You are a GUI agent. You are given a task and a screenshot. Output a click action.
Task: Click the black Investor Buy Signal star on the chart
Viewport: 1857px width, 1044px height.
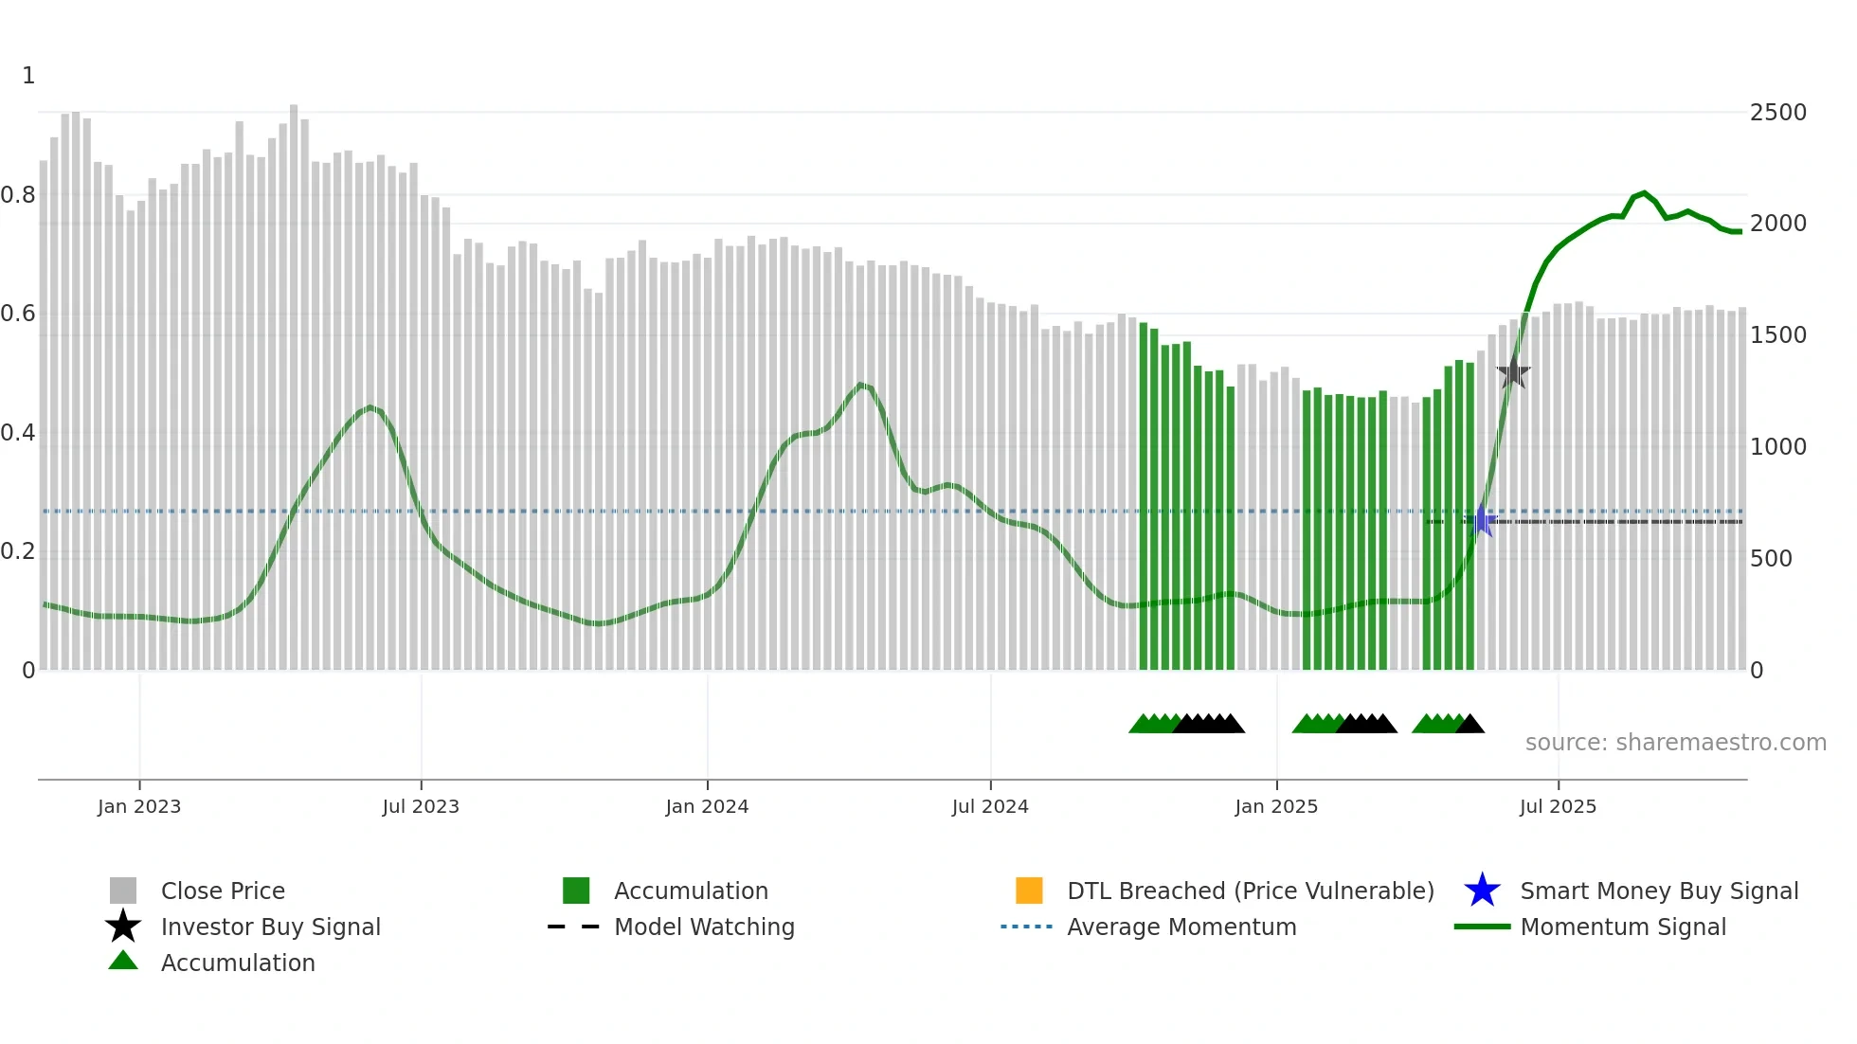[1513, 371]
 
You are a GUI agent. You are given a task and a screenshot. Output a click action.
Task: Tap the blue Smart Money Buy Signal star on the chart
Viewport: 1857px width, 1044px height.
[1482, 520]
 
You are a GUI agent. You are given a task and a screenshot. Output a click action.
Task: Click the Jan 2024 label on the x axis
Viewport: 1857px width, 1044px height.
[707, 806]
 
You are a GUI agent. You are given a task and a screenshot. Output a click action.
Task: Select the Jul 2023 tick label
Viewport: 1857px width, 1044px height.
[421, 806]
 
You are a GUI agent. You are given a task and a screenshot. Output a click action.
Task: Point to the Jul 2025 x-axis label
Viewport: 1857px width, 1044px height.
[1558, 806]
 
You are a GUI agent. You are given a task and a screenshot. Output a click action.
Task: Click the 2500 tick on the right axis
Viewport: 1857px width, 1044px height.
[1777, 113]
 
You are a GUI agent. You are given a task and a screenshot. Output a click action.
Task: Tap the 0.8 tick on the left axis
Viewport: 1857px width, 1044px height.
[19, 195]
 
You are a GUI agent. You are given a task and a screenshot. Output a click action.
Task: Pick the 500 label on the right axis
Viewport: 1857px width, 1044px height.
[1771, 559]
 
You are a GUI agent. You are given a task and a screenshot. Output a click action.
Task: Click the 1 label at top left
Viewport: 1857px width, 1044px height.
[28, 76]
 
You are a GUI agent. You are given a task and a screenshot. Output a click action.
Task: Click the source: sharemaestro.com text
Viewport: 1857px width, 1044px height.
[1675, 743]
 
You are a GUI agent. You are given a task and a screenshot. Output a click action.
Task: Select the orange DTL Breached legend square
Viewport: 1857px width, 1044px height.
[1029, 891]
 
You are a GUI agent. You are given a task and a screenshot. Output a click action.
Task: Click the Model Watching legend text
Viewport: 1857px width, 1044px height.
[704, 927]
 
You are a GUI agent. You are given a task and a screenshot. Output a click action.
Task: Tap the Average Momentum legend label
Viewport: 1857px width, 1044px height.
[1181, 927]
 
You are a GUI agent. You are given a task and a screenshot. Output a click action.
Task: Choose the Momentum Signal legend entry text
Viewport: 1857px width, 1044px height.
[1623, 927]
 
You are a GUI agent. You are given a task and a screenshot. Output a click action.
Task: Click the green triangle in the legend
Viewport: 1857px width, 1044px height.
[123, 961]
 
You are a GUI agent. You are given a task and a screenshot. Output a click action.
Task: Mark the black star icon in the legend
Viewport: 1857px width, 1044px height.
[123, 927]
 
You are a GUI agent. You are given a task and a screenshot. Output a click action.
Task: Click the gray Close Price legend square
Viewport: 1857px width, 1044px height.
[123, 891]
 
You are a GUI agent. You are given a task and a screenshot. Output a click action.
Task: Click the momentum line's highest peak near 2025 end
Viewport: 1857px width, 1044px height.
[1644, 193]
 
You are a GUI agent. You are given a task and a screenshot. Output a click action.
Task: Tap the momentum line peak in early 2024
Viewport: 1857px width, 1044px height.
[860, 384]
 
